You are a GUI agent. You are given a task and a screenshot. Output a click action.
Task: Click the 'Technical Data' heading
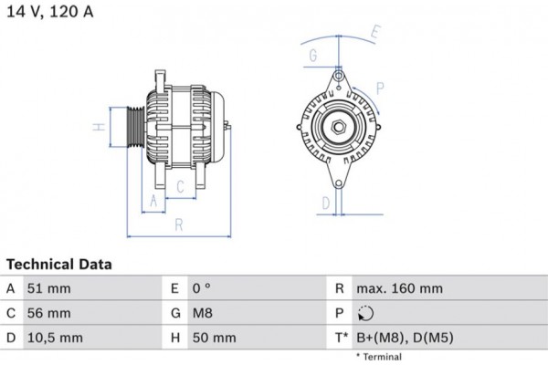59,265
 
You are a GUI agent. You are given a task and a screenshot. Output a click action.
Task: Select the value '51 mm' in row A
50,288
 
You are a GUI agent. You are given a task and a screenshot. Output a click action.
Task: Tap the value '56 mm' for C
50,313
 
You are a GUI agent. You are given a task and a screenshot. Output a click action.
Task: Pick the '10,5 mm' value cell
57,338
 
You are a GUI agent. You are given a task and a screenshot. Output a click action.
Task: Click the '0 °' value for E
203,288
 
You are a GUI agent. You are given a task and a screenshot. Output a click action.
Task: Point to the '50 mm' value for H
214,338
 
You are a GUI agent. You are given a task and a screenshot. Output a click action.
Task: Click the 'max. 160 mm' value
399,288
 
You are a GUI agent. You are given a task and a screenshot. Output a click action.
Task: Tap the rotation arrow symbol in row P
365,313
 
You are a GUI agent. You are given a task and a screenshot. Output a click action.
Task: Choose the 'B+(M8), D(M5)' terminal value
404,338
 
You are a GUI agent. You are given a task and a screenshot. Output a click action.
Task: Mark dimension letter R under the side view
179,224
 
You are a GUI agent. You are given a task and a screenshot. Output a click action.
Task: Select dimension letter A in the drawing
153,199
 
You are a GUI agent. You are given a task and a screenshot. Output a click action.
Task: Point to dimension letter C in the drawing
181,187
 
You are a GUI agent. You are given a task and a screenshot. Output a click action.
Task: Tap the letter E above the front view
374,33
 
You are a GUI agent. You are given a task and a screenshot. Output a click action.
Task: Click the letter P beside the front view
379,88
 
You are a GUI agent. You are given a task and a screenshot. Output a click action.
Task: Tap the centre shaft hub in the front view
338,127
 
